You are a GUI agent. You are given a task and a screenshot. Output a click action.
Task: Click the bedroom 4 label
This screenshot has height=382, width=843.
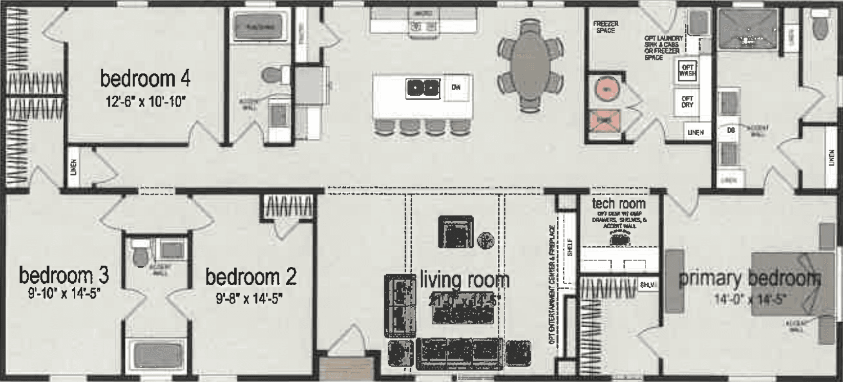(145, 79)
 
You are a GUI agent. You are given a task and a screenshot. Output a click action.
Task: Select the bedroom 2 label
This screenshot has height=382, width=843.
(250, 277)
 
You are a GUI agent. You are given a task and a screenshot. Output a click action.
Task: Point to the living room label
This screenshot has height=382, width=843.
(465, 280)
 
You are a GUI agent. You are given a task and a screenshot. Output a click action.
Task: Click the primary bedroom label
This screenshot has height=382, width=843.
(749, 279)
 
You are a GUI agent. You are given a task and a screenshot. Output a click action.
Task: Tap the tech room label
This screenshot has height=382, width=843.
(618, 203)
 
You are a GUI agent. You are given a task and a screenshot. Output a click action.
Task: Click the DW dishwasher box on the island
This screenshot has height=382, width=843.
(456, 88)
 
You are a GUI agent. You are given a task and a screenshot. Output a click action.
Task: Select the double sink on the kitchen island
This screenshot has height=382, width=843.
(423, 88)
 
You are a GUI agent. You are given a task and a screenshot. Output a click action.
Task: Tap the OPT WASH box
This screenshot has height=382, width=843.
(687, 70)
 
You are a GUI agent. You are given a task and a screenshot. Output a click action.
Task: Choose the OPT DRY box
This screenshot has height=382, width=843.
(687, 101)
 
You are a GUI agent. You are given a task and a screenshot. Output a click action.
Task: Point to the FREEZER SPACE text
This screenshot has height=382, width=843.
(605, 27)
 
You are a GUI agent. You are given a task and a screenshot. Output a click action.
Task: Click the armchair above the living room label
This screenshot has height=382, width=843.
(455, 232)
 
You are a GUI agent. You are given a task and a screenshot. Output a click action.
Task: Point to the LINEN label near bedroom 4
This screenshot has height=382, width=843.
(74, 167)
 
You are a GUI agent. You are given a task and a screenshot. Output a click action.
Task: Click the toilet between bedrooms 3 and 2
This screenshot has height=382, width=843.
(139, 255)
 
